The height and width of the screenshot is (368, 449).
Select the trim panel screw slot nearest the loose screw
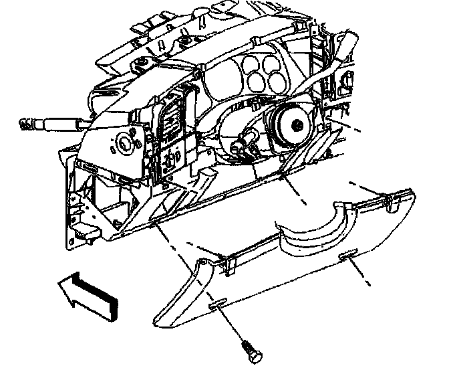pos(217,305)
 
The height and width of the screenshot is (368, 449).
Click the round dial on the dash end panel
pos(124,143)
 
